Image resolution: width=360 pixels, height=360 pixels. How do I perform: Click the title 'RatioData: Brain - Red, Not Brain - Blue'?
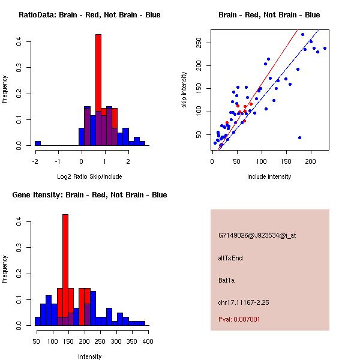[89, 15]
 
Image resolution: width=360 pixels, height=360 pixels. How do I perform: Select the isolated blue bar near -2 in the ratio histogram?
[37, 143]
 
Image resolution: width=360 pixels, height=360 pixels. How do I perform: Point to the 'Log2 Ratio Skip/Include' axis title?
[89, 177]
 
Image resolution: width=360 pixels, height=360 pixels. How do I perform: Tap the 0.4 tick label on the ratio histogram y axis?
[19, 42]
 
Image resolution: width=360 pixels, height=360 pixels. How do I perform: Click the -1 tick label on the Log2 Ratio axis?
[58, 161]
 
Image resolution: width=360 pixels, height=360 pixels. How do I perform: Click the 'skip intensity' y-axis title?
[184, 90]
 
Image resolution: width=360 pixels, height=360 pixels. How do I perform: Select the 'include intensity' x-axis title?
[269, 177]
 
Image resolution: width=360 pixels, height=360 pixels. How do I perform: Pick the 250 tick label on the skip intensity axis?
[198, 41]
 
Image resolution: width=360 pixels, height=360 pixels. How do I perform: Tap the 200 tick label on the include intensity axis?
[310, 161]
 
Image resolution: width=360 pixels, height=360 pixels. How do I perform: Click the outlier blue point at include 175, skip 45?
[299, 138]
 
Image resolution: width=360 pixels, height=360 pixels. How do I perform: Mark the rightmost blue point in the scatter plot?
[325, 49]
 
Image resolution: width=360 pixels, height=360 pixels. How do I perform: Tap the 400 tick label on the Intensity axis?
[147, 341]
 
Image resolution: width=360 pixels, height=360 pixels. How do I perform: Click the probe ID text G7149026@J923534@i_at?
[257, 235]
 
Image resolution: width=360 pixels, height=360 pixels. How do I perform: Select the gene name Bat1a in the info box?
[227, 280]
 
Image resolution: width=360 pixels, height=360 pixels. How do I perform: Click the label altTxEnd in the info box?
[230, 258]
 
